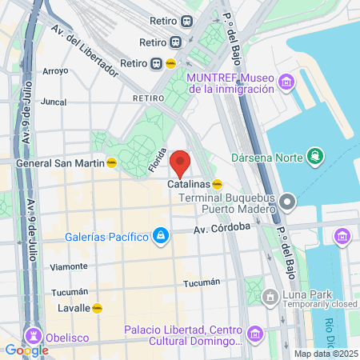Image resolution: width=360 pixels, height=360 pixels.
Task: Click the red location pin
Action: [x=181, y=162]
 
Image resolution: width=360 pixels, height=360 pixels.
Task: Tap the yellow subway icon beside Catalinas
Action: [x=218, y=184]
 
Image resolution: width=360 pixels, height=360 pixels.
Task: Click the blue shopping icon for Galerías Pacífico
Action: [x=161, y=235]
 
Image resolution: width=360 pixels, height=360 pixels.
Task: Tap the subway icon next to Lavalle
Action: [x=98, y=307]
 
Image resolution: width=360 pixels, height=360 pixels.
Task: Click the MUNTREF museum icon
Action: [x=286, y=82]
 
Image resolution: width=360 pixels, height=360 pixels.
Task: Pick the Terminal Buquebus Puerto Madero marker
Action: [x=289, y=199]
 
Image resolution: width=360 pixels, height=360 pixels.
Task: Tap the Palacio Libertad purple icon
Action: [x=254, y=334]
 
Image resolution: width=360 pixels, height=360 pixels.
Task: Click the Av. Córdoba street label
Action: [x=222, y=228]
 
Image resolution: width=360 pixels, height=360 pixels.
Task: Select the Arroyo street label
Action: [x=56, y=71]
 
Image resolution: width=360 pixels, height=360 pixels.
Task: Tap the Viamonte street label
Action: [x=69, y=266]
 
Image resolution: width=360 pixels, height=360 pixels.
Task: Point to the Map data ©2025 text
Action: [x=326, y=354]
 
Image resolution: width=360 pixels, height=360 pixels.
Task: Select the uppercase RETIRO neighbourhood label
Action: [x=149, y=97]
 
